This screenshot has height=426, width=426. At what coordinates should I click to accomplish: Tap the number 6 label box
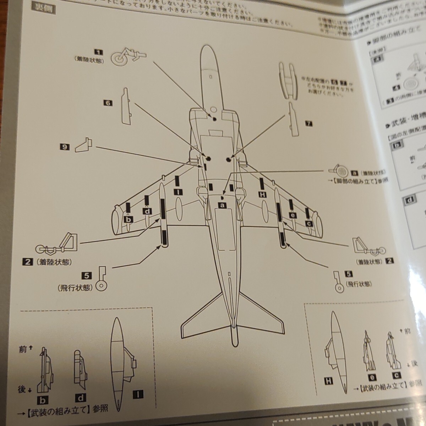[107, 103]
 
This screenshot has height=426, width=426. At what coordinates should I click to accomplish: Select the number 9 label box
[65, 146]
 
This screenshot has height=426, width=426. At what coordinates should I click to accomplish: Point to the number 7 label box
[308, 124]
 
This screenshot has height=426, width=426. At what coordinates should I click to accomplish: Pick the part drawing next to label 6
[127, 106]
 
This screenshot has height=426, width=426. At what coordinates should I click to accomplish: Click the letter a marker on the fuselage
[223, 205]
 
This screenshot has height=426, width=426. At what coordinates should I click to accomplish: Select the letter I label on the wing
[177, 192]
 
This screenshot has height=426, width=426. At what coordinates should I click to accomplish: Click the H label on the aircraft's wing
[262, 194]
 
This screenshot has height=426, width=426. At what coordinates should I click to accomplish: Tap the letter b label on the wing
[129, 219]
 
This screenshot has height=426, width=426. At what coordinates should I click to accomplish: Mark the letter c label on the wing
[309, 223]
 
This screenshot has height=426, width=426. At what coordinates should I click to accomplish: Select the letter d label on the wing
[147, 211]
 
